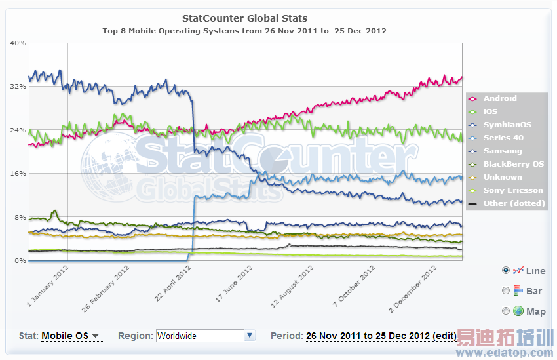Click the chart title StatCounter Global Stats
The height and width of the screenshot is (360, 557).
244,18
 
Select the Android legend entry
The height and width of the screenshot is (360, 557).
499,98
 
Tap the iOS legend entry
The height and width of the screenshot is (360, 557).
490,111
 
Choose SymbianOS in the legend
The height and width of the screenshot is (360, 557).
507,125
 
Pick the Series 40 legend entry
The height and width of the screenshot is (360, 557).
503,138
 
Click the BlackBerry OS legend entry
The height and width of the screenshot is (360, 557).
513,164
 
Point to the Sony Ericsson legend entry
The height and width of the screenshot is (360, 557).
513,190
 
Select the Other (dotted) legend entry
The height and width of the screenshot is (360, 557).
514,203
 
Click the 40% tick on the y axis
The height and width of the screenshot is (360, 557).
18,43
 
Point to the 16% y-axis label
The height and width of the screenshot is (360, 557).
18,174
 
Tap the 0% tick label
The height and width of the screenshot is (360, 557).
20,261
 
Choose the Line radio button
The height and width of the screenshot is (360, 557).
506,270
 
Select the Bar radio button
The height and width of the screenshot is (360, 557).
506,290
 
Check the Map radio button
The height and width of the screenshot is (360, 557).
506,311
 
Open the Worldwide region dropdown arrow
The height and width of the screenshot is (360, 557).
249,336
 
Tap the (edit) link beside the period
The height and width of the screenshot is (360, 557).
444,336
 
